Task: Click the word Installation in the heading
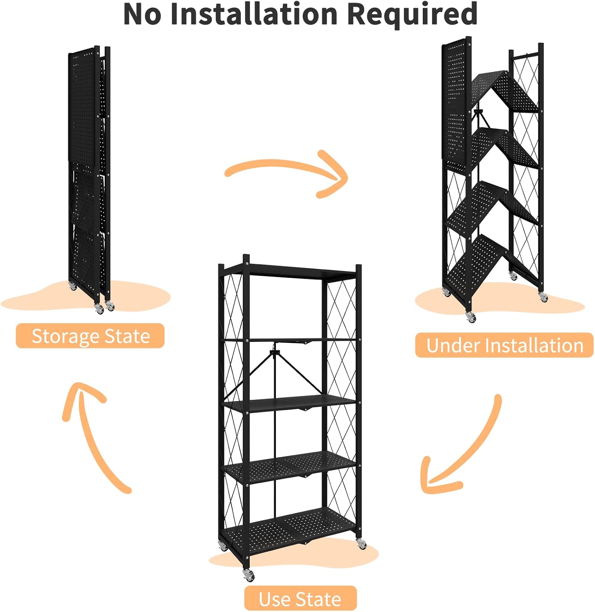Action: coord(253,14)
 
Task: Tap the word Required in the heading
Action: coord(412,14)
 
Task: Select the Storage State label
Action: coord(90,336)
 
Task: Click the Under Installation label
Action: coord(504,346)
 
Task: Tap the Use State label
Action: coord(300,599)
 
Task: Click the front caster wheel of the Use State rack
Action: coord(248,574)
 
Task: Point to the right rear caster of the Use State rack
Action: coord(361,543)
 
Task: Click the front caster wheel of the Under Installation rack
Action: coord(471,317)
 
